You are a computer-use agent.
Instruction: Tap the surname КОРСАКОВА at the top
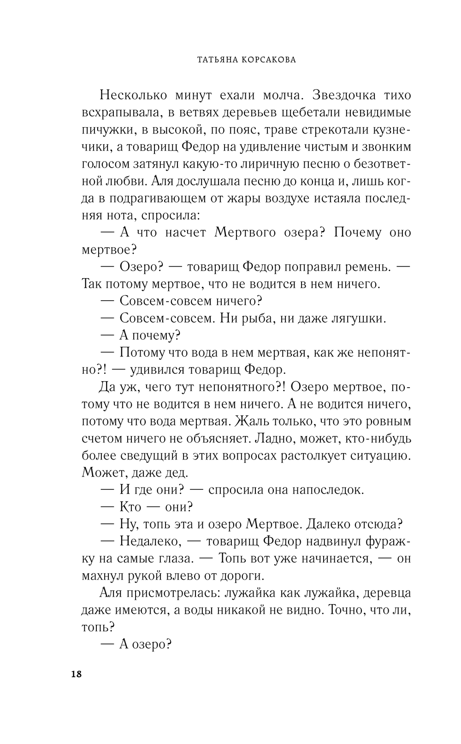click(x=266, y=59)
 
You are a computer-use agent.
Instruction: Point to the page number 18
click(x=76, y=675)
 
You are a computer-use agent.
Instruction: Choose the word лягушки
click(x=358, y=318)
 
